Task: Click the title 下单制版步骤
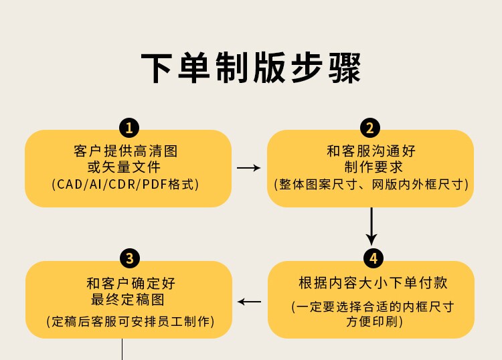pos(251,68)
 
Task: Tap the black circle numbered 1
pos(129,128)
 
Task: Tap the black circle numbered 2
pos(370,128)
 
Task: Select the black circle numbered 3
pos(129,258)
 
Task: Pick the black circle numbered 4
pos(373,258)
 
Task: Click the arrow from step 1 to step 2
pos(249,168)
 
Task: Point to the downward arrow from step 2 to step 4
pos(371,226)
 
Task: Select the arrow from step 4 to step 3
pos(250,302)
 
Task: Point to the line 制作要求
pos(371,167)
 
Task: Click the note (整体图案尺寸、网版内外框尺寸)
pos(371,183)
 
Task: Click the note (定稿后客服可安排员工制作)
pos(130,321)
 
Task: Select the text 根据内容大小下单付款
pos(373,282)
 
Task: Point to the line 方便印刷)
pos(373,321)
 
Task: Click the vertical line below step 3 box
pos(122,349)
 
